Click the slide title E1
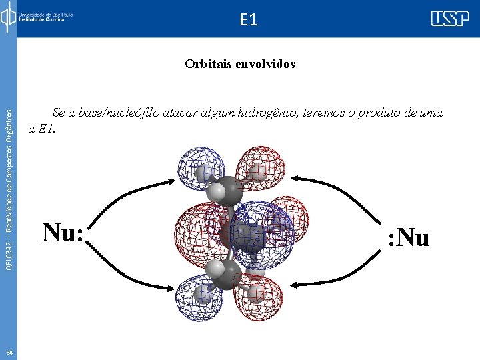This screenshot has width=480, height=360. tap(247, 20)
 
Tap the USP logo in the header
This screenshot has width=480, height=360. tap(449, 19)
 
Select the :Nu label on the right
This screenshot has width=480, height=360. tap(408, 237)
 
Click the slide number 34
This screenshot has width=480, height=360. tap(9, 353)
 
